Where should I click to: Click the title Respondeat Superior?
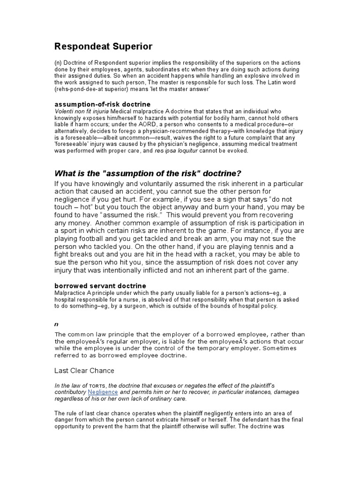pyautogui.click(x=104, y=46)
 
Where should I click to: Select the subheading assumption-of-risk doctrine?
pyautogui.click(x=103, y=104)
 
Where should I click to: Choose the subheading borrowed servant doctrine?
pyautogui.click(x=100, y=285)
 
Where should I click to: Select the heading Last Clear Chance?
pyautogui.click(x=84, y=370)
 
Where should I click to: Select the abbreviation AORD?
pyautogui.click(x=139, y=125)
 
